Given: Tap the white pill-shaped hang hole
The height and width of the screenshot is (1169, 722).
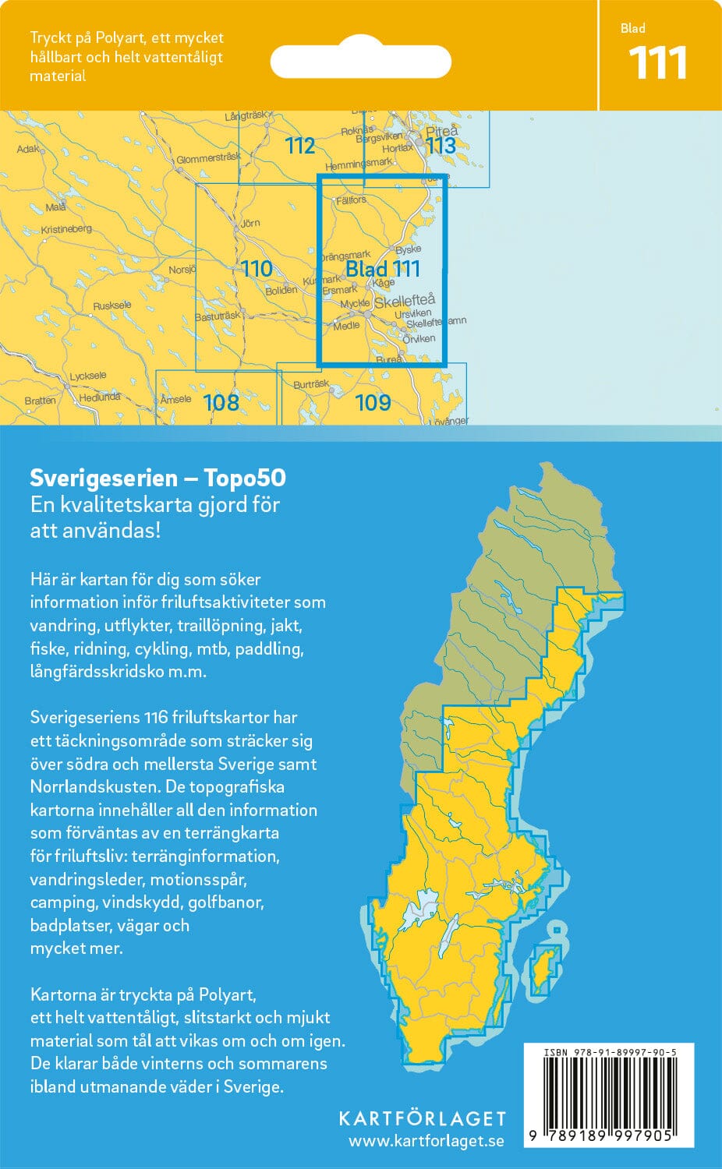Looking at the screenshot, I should [360, 62].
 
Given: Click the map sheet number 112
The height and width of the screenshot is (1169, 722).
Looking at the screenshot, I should [299, 146].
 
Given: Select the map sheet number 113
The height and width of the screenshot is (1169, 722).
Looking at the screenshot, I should [441, 146].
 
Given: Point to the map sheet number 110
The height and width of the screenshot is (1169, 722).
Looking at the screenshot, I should [257, 269].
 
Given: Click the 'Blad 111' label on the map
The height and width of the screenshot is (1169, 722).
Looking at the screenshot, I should [383, 269].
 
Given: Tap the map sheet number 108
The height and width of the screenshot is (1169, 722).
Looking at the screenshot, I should [221, 402].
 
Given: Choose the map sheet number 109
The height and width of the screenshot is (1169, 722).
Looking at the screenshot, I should [373, 402].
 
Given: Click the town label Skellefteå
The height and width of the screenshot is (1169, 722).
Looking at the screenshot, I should [405, 301].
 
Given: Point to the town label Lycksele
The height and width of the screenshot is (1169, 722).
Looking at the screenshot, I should [87, 376].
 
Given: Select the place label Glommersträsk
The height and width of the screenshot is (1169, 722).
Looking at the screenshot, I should [208, 158].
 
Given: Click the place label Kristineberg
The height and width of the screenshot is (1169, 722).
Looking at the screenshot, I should [66, 230].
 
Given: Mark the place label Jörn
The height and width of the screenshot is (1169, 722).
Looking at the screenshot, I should [250, 224].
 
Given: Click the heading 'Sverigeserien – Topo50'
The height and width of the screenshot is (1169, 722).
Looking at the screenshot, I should [157, 478].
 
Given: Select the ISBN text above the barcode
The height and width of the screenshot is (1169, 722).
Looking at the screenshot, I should [609, 1052].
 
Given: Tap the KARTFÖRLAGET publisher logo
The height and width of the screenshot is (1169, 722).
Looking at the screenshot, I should [423, 1118].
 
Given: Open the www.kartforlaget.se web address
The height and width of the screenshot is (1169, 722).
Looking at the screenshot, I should [426, 1142].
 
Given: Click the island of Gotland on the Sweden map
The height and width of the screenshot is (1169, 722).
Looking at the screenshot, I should [543, 966].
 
